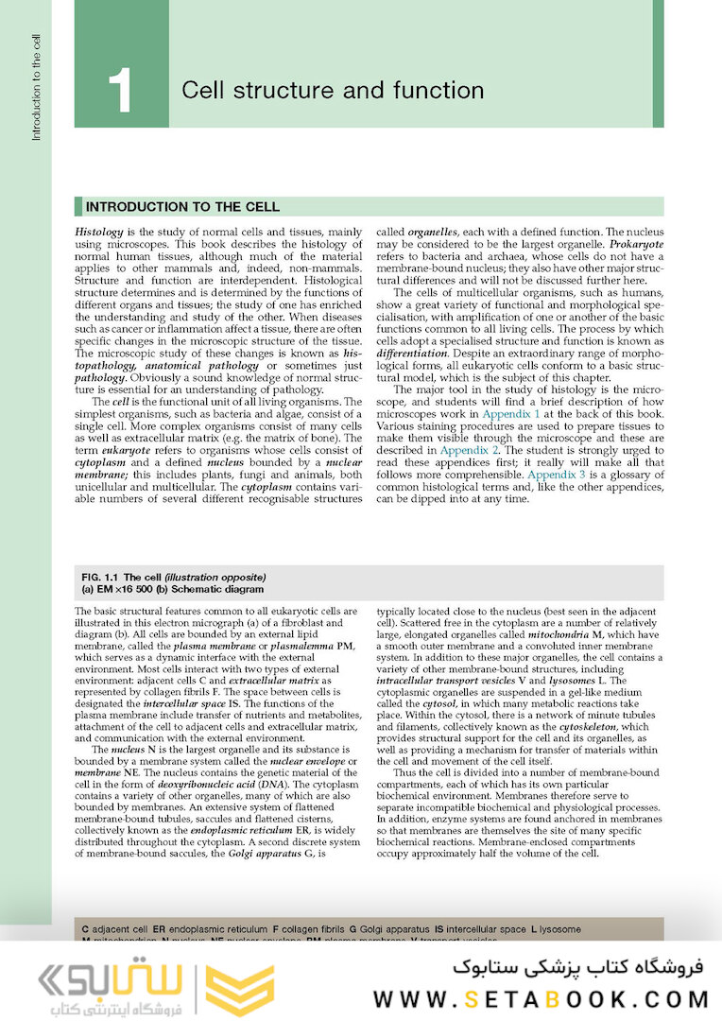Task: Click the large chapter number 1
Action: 120,91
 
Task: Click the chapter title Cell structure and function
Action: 332,91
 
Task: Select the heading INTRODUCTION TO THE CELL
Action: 182,207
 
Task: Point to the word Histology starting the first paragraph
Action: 101,232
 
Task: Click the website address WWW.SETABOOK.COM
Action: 541,998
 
